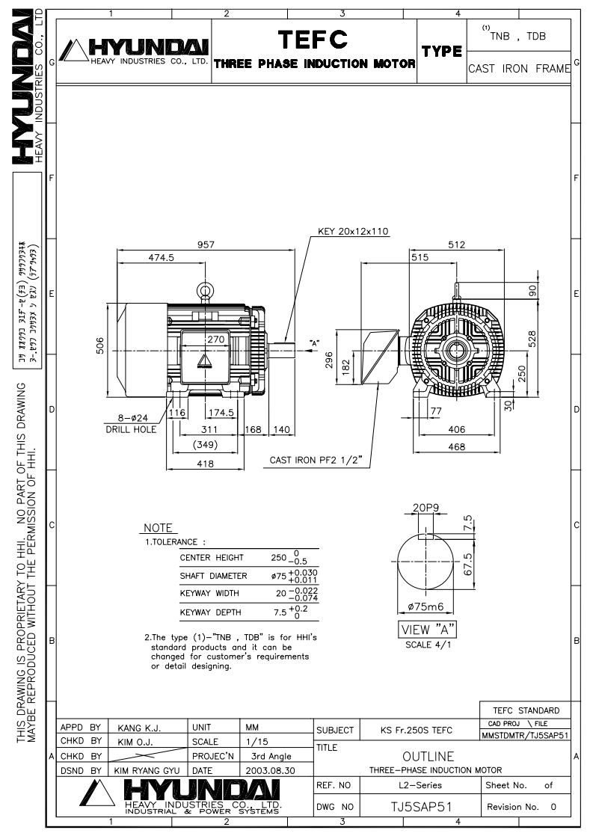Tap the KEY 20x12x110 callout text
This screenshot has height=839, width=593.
353,231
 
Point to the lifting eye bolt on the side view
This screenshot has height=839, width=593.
203,291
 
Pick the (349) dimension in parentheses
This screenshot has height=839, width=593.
205,446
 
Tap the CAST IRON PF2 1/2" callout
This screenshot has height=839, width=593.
317,461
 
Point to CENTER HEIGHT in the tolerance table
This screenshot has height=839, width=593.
212,557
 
